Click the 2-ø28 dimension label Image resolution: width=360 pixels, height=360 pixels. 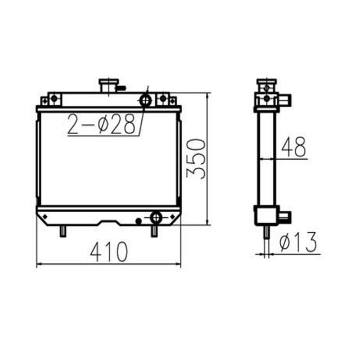tap(103, 125)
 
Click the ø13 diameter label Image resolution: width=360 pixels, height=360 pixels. tap(298, 242)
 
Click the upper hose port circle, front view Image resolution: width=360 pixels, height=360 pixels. tap(145, 101)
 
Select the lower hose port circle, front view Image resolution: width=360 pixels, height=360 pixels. tap(156, 217)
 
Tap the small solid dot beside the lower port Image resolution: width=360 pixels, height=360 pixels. tap(139, 221)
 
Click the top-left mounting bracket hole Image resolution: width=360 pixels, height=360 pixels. tap(54, 99)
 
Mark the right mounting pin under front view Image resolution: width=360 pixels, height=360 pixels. tap(154, 231)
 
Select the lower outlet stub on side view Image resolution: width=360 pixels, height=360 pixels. tap(285, 215)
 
